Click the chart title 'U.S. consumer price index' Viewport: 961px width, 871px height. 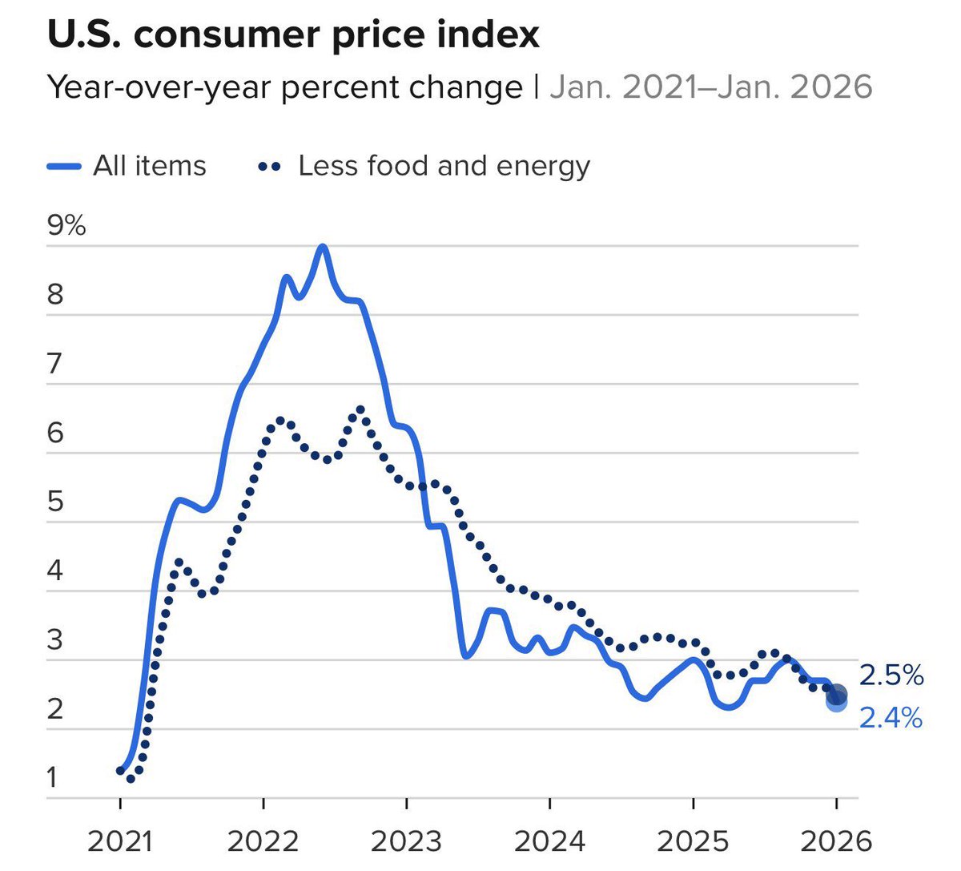(293, 34)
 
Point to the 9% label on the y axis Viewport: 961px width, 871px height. (66, 225)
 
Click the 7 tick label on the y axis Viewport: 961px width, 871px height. (54, 364)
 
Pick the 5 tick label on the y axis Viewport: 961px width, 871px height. (54, 502)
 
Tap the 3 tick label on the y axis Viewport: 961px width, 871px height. (54, 640)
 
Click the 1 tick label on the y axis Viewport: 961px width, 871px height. (53, 778)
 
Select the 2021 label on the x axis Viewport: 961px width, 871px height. (120, 841)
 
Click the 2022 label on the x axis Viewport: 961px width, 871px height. (263, 841)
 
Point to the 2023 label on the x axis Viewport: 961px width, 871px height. (406, 841)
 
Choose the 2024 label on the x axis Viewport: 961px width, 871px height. (549, 841)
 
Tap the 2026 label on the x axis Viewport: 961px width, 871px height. (836, 841)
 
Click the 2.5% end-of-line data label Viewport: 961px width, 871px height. (891, 675)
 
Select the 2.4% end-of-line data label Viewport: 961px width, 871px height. (891, 717)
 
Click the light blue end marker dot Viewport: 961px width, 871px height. (836, 703)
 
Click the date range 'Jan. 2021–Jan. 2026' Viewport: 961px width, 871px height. (710, 87)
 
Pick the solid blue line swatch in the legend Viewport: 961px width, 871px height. (64, 166)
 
